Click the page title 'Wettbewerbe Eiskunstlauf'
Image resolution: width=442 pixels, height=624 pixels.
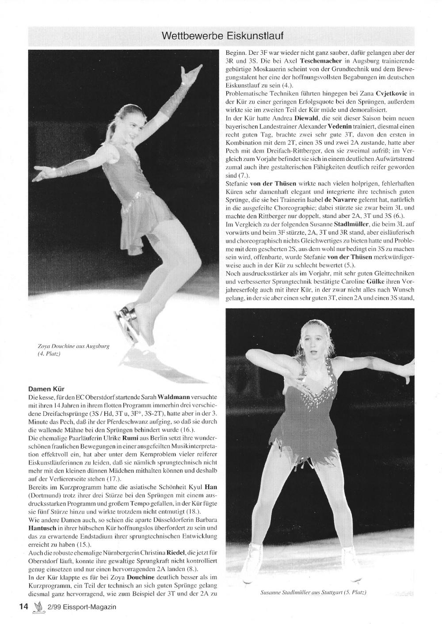pyautogui.click(x=223, y=35)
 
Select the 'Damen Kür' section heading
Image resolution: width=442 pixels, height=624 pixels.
pyautogui.click(x=46, y=389)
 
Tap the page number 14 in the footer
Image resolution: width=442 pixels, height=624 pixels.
pyautogui.click(x=23, y=606)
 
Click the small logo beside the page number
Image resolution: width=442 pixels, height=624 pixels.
pyautogui.click(x=38, y=607)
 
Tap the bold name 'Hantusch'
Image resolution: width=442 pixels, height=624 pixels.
pyautogui.click(x=42, y=528)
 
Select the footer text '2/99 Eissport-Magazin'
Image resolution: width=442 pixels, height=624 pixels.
pyautogui.click(x=81, y=607)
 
